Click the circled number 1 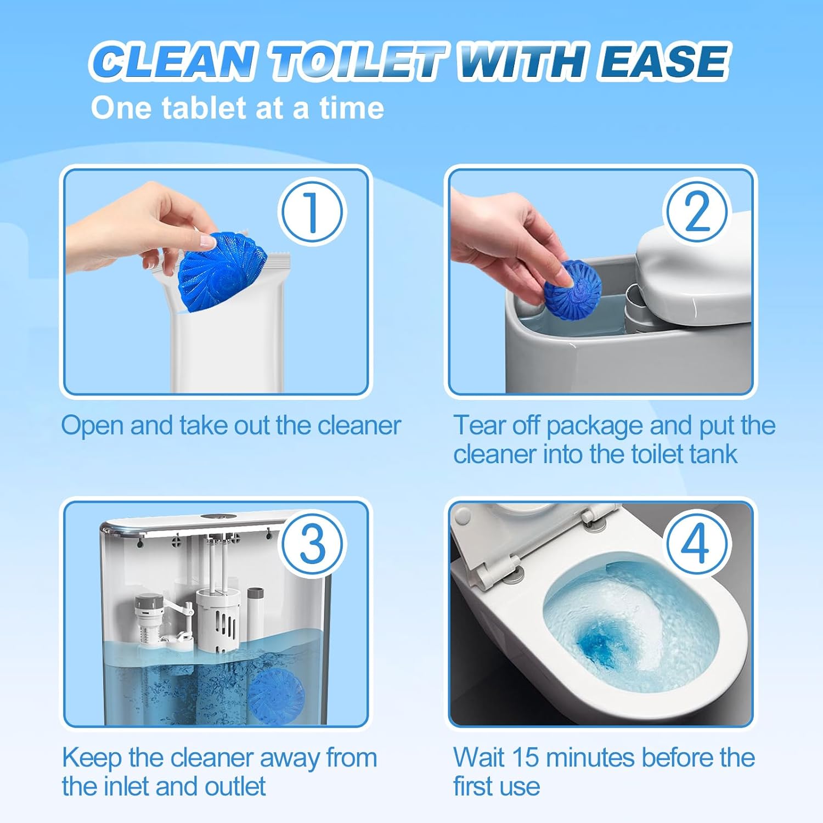pyautogui.click(x=312, y=213)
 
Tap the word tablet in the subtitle pyautogui.click(x=203, y=108)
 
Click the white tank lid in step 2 pyautogui.click(x=694, y=274)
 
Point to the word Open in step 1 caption pyautogui.click(x=91, y=426)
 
